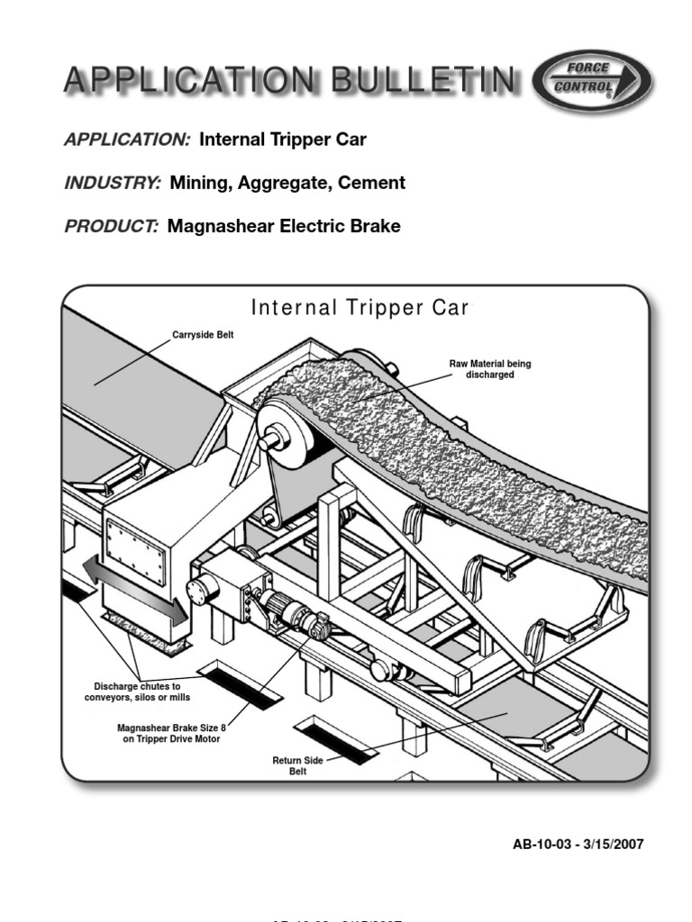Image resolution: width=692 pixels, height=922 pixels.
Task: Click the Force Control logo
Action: (x=592, y=81)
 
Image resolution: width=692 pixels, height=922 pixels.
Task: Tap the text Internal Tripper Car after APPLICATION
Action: (x=283, y=140)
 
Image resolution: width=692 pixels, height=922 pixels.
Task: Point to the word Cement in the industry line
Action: (x=370, y=183)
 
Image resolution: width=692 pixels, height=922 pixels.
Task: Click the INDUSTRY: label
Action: (x=113, y=183)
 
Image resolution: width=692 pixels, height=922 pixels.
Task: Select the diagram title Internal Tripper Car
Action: (x=360, y=308)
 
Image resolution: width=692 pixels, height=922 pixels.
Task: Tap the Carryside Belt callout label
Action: (x=202, y=335)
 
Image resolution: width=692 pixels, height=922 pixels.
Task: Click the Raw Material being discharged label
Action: (x=490, y=369)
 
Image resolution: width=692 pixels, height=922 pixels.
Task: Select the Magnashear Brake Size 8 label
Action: (x=171, y=733)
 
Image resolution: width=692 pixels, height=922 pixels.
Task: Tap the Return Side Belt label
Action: (x=297, y=766)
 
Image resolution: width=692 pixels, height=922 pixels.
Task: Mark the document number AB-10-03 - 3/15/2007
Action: (x=578, y=844)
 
